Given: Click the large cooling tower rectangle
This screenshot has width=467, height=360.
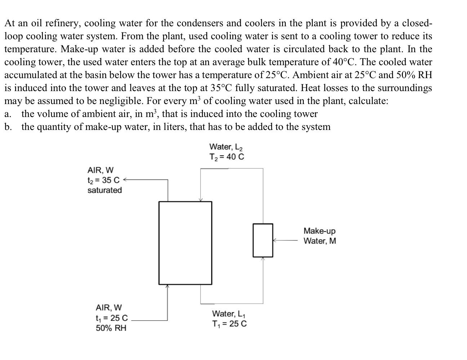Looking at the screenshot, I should [185, 243].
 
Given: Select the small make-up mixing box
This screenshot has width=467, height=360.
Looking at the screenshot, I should [263, 240].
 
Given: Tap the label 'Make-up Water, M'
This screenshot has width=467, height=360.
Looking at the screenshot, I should [319, 236].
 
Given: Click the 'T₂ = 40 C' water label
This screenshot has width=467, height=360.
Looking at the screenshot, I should [227, 157].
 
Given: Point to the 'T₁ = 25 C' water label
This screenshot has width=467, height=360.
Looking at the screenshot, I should [230, 324].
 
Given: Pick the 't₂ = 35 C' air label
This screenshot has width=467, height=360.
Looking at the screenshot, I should [103, 180].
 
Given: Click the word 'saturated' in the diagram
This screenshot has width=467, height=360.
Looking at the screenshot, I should [104, 190].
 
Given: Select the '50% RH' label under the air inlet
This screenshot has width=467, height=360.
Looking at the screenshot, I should [111, 328].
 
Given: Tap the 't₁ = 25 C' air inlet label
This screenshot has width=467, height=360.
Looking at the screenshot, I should [112, 318].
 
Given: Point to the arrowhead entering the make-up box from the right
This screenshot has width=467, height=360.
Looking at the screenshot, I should [275, 240].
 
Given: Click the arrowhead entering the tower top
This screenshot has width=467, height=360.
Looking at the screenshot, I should [201, 200].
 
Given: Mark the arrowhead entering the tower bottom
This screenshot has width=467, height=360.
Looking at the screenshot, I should [167, 286].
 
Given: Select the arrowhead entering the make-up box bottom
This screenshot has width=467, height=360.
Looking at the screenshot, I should [263, 258].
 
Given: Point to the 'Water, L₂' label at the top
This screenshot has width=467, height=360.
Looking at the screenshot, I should [226, 147].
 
